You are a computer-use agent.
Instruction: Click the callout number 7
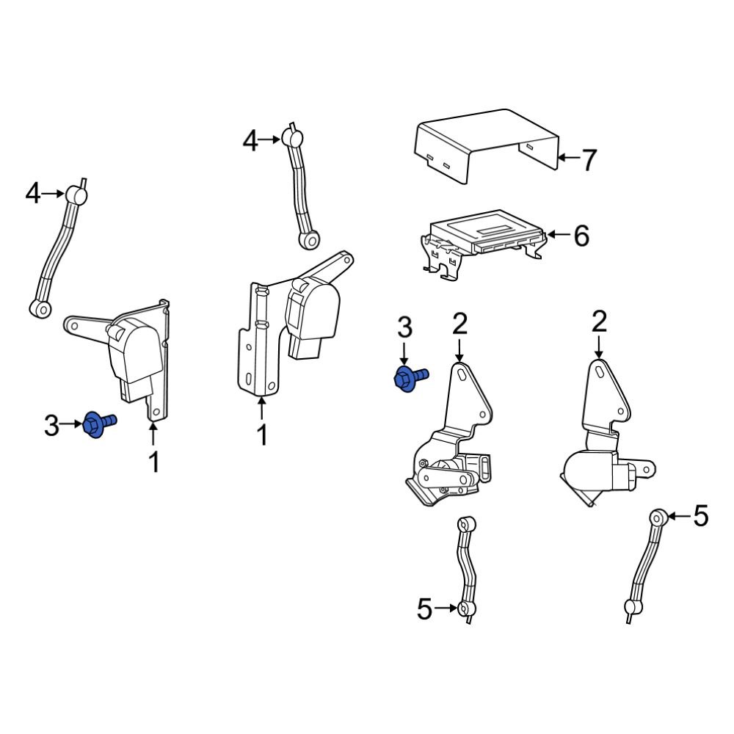coord(589,159)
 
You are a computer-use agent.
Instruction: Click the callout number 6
coord(581,236)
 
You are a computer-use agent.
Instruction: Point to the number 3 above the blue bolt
coord(404,329)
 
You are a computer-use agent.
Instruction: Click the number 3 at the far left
coord(51,425)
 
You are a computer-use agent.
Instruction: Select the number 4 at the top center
coord(251,140)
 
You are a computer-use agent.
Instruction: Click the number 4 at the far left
coord(33,194)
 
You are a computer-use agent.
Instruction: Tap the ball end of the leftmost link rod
coord(77,195)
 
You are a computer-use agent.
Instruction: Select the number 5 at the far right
coord(701,517)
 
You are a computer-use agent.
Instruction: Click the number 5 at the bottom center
coord(425,609)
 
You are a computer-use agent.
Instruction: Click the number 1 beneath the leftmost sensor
coord(154,462)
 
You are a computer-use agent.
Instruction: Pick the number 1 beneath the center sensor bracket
coord(261,435)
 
